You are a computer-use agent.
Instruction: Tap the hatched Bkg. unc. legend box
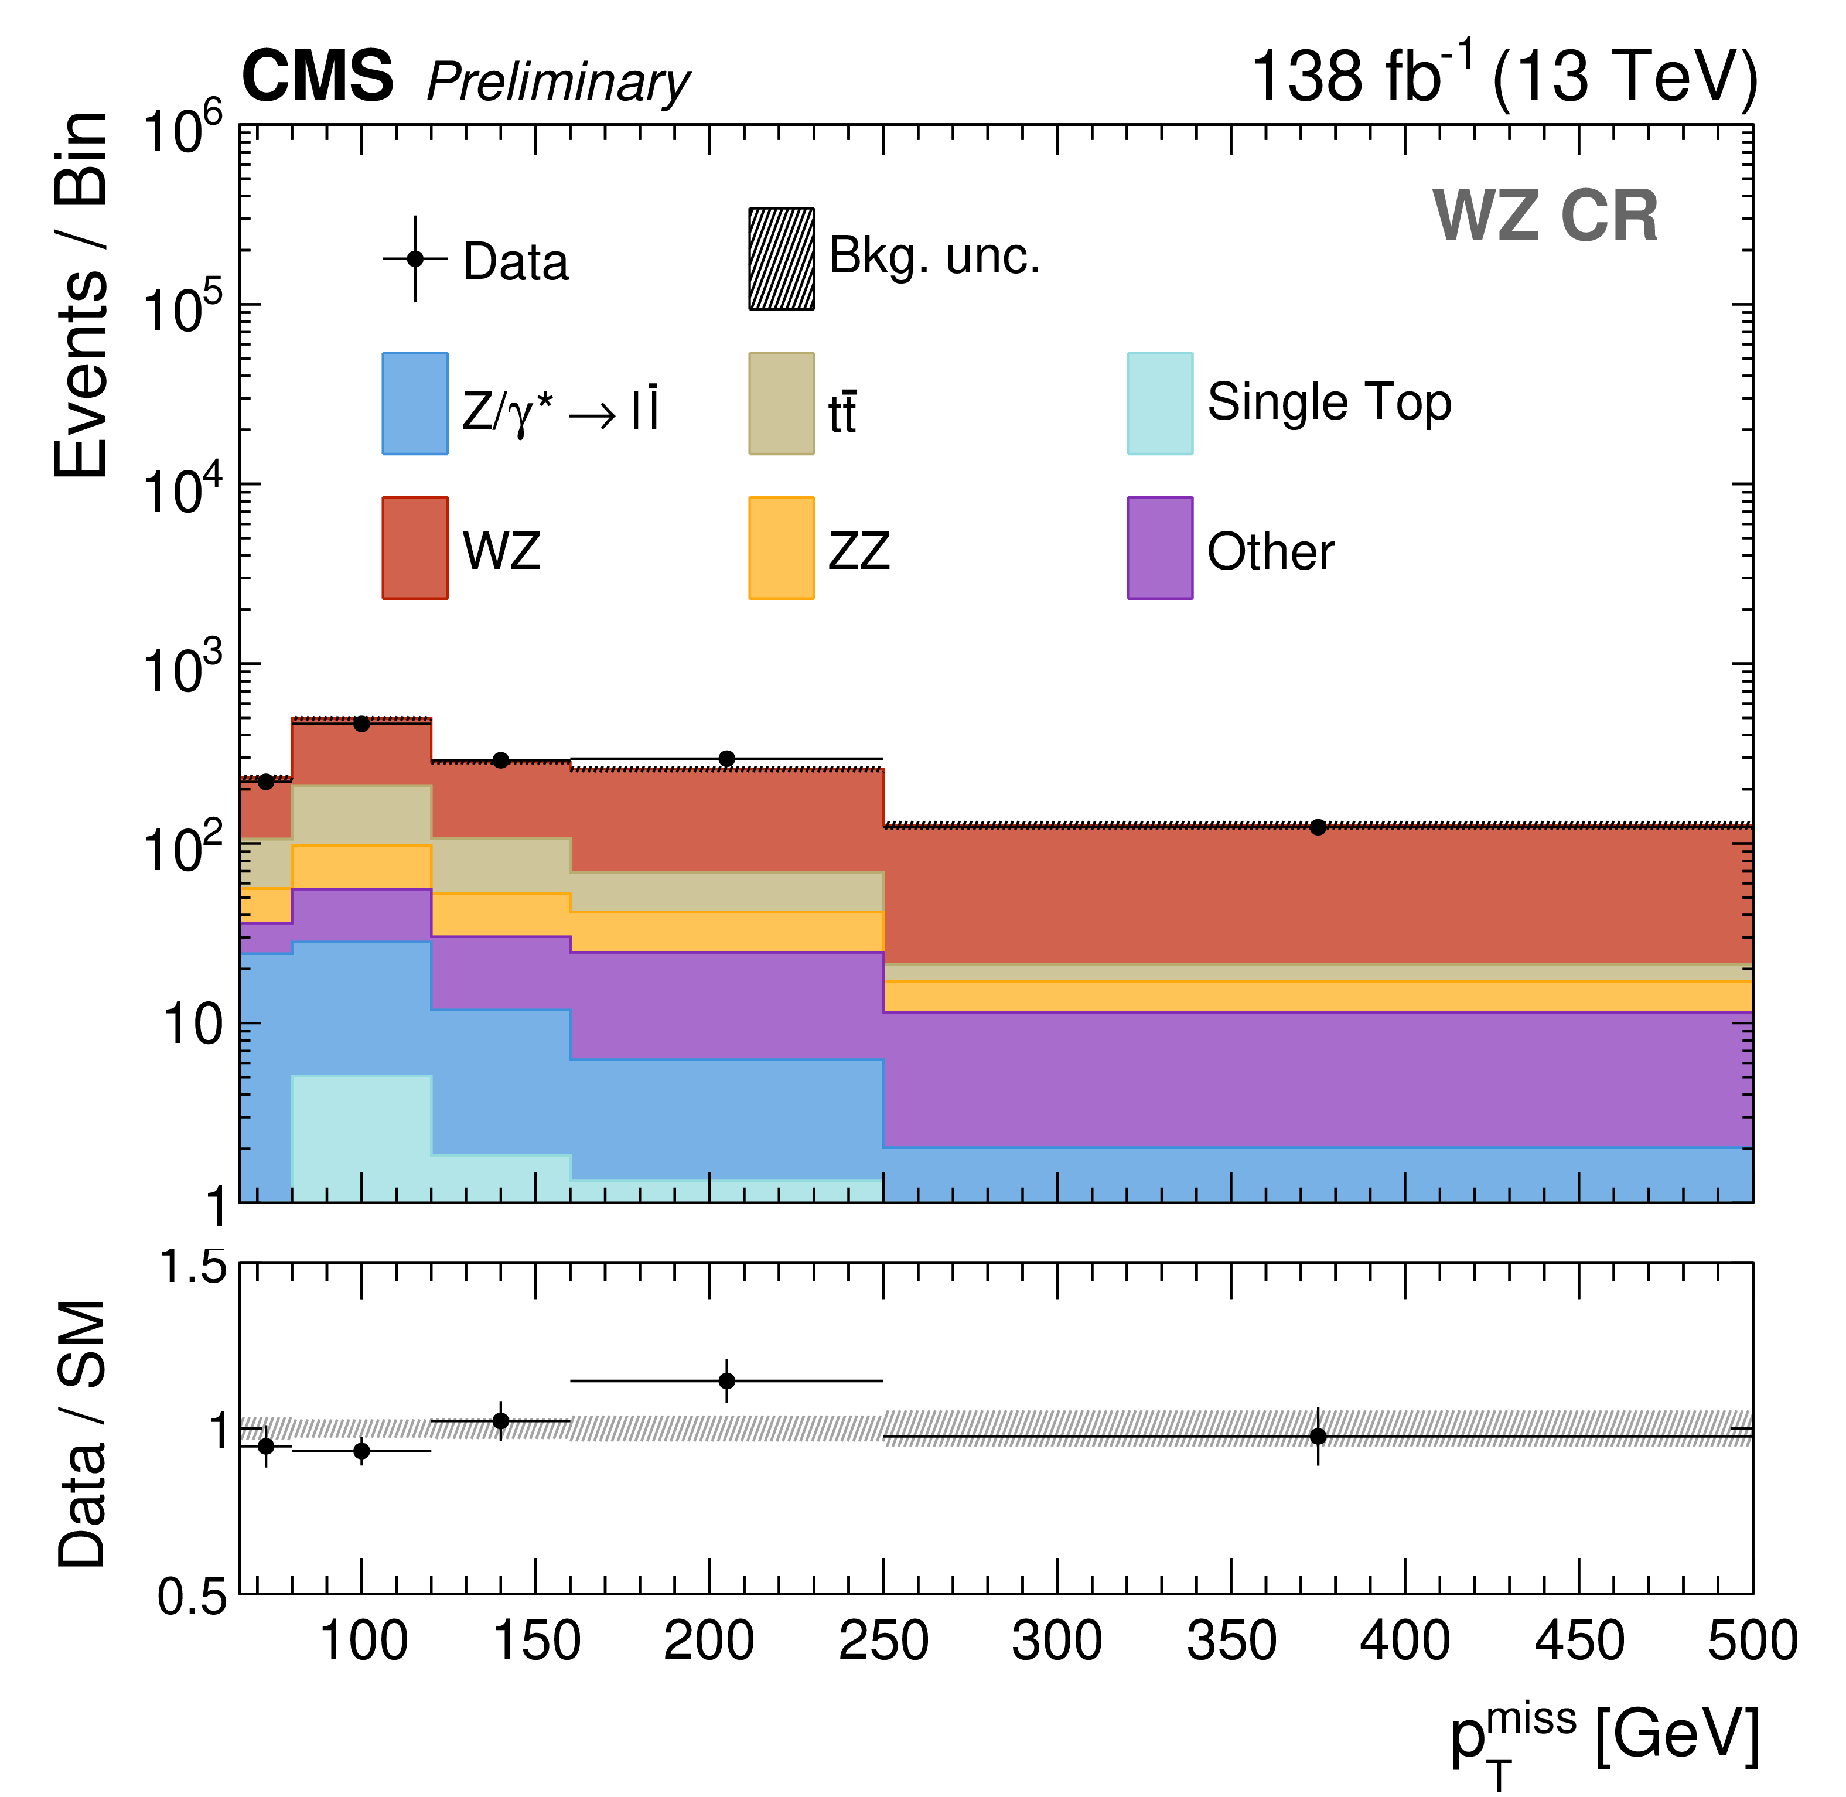(x=782, y=258)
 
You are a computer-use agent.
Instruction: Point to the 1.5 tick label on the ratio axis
(x=193, y=1267)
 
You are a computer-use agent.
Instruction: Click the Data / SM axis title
(x=83, y=1434)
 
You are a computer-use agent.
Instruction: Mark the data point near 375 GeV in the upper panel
(x=1318, y=827)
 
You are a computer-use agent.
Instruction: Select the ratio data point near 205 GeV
(x=726, y=1382)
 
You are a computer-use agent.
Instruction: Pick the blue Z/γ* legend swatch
(x=414, y=404)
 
